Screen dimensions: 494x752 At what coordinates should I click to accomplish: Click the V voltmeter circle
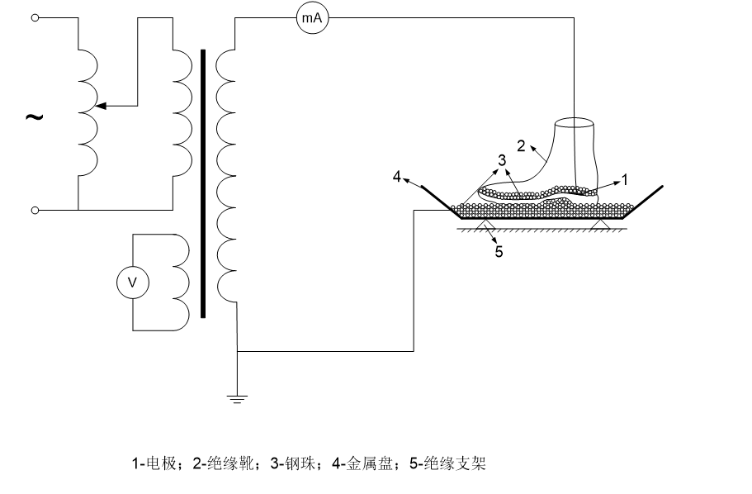coord(130,283)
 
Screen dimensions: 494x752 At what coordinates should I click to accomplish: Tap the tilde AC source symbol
coord(34,116)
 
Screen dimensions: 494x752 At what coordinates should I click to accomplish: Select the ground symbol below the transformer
coord(237,399)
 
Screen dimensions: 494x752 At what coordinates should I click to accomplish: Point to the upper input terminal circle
coord(35,17)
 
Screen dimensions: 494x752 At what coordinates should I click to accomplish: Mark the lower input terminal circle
coord(35,211)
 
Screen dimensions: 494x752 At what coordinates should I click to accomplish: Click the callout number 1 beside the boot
coord(625,178)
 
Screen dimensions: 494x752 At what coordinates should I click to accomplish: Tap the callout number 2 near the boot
coord(521,145)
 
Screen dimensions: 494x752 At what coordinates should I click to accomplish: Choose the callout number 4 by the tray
coord(397,176)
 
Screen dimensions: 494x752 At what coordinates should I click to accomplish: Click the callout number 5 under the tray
coord(499,251)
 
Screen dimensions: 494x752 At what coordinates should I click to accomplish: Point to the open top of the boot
coord(575,126)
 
